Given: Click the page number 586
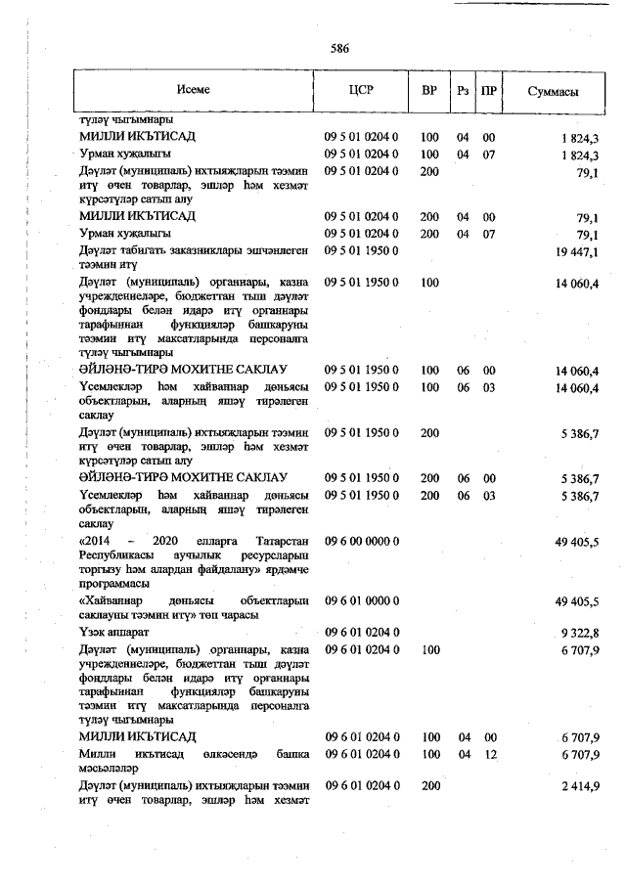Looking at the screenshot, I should click(x=339, y=48).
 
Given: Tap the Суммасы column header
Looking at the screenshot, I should click(x=552, y=91).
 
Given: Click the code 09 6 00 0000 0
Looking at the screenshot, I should click(x=360, y=541).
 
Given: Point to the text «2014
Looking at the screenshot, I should click(x=97, y=541).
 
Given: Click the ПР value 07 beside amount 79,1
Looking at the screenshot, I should click(x=489, y=234).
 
